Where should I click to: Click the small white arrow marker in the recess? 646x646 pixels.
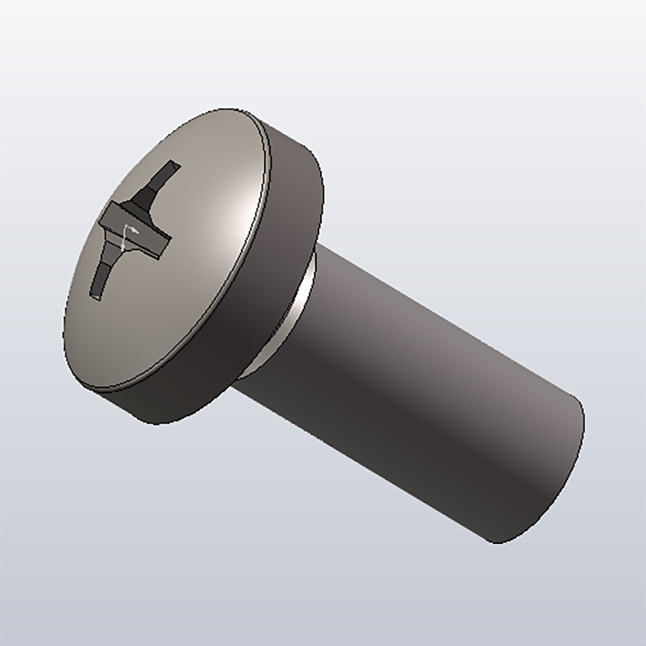pos(129,230)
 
